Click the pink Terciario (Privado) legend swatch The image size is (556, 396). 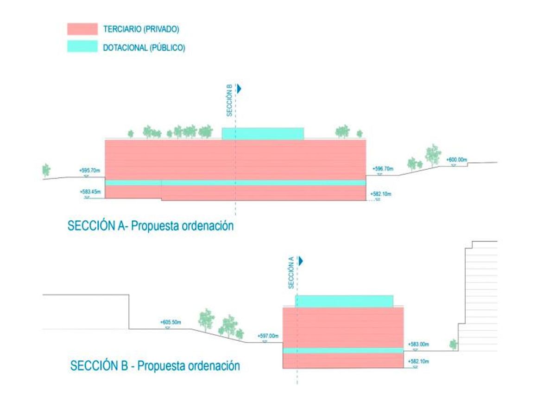pos(82,29)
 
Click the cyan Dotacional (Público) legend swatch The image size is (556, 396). pos(82,46)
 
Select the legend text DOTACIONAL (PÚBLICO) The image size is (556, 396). pos(144,47)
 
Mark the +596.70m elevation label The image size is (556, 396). pos(382,168)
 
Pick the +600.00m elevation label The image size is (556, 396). pos(456,160)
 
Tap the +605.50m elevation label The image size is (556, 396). pos(170,322)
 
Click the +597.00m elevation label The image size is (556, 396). pos(267,336)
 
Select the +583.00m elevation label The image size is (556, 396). pos(418,344)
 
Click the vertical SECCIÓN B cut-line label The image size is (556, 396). pos(229,103)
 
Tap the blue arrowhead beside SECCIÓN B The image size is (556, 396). pos(240,88)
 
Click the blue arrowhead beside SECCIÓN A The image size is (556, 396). pos(301,261)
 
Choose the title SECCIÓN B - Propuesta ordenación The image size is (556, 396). pos(155,365)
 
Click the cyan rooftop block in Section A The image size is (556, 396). pos(263,134)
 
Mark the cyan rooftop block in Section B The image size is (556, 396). pos(344,301)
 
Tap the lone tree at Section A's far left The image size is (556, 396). pos(46,170)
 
